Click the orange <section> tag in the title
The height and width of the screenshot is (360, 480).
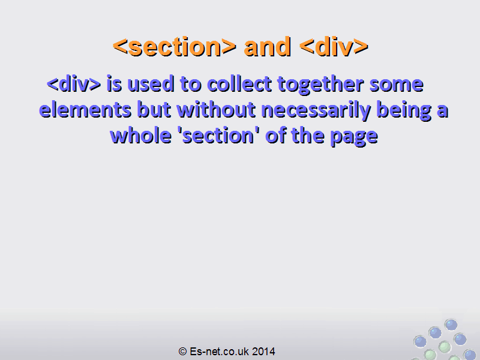click(175, 47)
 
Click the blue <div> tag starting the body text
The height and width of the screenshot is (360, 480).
click(74, 83)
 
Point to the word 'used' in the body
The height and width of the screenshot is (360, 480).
click(151, 83)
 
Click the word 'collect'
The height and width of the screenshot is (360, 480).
click(239, 83)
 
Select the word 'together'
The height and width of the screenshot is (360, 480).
click(320, 85)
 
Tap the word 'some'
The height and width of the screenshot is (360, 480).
click(397, 85)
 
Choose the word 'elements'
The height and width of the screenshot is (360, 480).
click(85, 110)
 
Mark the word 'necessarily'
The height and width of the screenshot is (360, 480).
click(316, 110)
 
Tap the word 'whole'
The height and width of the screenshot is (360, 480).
click(140, 136)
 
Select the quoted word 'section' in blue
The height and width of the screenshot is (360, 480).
click(218, 136)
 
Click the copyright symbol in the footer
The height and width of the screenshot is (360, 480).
click(182, 352)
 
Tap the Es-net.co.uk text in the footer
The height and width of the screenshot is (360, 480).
click(220, 352)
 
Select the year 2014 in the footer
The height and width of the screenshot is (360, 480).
click(263, 352)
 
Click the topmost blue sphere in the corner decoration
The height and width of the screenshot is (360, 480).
click(451, 325)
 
